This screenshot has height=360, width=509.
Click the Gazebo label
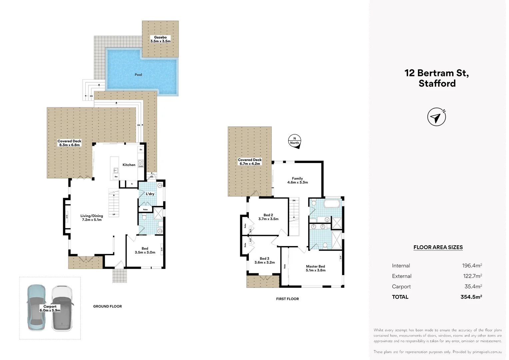click(x=160, y=37)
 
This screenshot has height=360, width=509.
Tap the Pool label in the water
click(x=138, y=75)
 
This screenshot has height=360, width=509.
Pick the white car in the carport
click(x=62, y=308)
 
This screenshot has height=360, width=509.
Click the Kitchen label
click(x=129, y=165)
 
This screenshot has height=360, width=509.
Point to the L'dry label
click(x=150, y=194)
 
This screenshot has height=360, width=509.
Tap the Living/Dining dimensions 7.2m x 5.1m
click(x=92, y=220)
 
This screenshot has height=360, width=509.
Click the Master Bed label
click(x=315, y=266)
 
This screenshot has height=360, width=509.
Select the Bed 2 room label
click(x=268, y=215)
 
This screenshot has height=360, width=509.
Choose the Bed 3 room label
click(x=264, y=258)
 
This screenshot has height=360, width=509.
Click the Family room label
click(x=297, y=178)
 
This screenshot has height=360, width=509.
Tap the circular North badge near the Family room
click(x=294, y=141)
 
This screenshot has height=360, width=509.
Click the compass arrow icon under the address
click(x=436, y=117)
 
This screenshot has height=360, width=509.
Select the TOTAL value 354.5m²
click(x=471, y=297)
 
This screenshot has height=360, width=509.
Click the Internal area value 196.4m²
click(x=472, y=266)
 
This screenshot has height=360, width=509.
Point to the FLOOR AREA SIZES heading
click(x=438, y=247)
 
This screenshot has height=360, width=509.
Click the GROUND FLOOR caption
click(x=107, y=306)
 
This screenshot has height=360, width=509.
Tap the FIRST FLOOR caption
click(x=287, y=299)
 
